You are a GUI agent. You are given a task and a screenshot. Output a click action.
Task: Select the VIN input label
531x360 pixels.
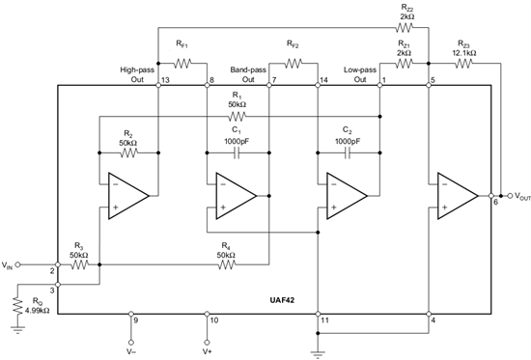pos(10,263)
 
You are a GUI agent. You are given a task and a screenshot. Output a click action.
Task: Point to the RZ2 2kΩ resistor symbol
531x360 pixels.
pos(405,29)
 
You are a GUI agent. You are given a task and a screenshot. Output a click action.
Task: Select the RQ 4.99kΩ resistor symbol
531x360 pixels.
pos(16,308)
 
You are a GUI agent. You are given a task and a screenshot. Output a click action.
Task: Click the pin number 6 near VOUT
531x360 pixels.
pos(496,205)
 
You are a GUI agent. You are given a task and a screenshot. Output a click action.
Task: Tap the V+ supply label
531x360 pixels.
pos(207,351)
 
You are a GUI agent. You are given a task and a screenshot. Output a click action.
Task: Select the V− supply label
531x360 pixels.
pos(132,351)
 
